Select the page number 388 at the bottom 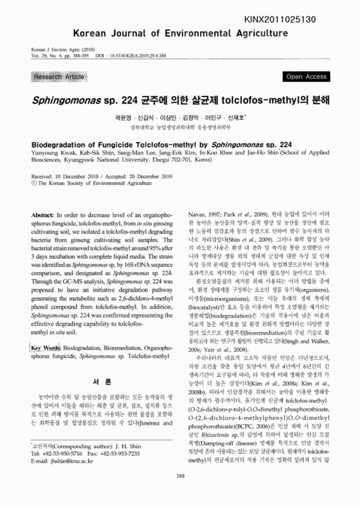tap(180, 494)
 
